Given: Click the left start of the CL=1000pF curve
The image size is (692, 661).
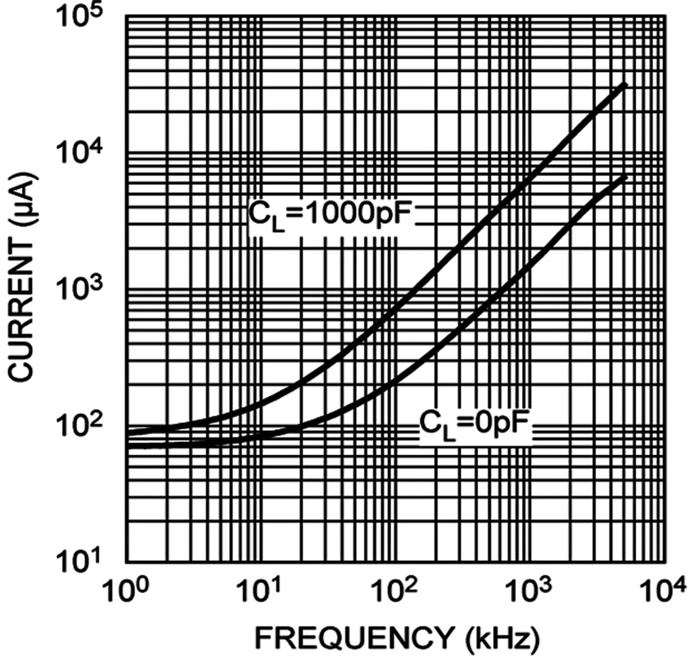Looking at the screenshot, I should pos(128,432).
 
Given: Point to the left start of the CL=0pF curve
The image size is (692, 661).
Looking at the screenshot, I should pos(128,445).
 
